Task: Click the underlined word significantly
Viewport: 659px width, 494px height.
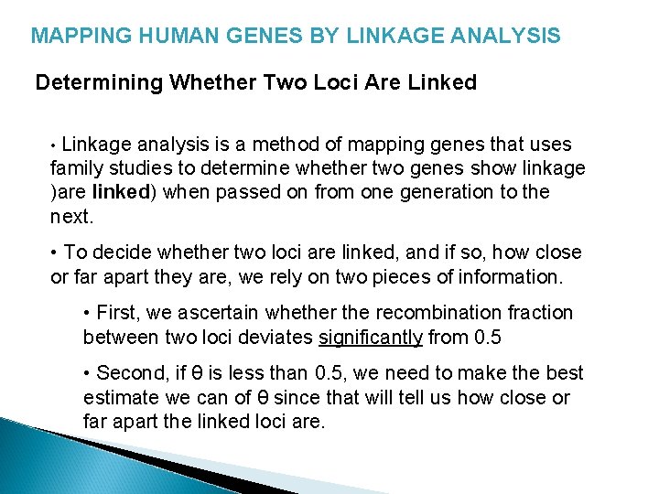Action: [x=371, y=337]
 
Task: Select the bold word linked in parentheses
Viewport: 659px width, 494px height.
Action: [x=116, y=192]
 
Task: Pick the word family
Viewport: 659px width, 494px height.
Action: [x=74, y=168]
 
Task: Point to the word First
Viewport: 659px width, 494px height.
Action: [x=116, y=313]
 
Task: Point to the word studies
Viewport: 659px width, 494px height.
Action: [x=141, y=168]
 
